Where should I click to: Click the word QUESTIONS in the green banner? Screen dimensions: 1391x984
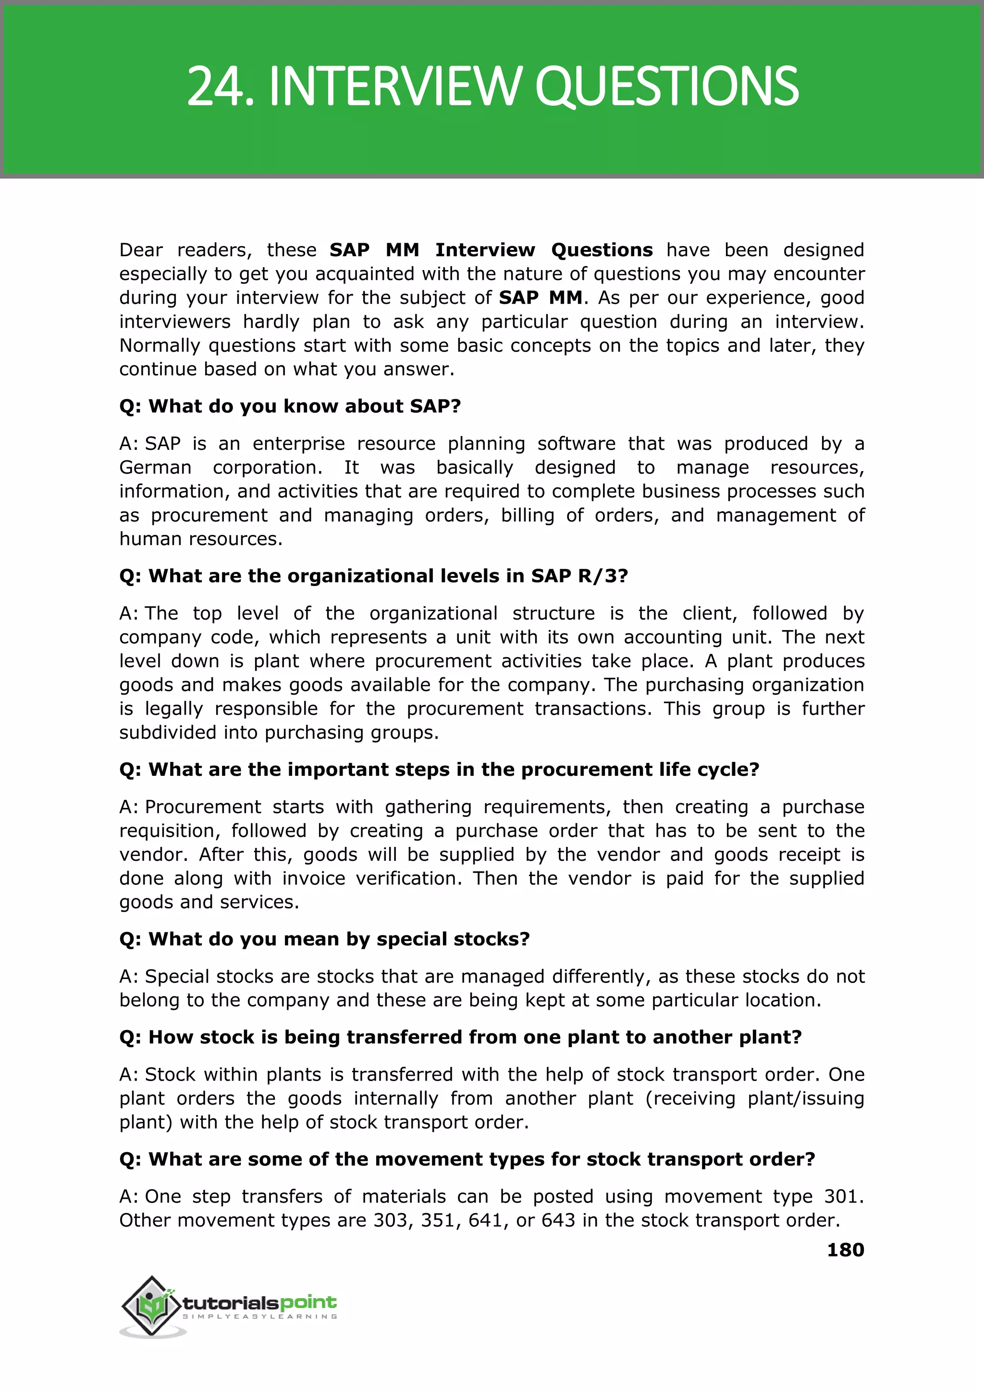(x=666, y=87)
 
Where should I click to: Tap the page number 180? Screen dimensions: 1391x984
(x=845, y=1250)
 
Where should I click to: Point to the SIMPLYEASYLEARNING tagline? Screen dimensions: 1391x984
(x=260, y=1316)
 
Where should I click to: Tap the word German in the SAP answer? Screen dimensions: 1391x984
(x=155, y=467)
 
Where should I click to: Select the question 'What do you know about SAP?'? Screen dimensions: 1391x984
(x=290, y=406)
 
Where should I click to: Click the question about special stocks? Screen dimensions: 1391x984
(x=324, y=939)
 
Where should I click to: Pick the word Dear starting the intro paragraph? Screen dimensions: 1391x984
(x=141, y=250)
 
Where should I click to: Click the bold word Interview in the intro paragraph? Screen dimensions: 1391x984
(x=485, y=250)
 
